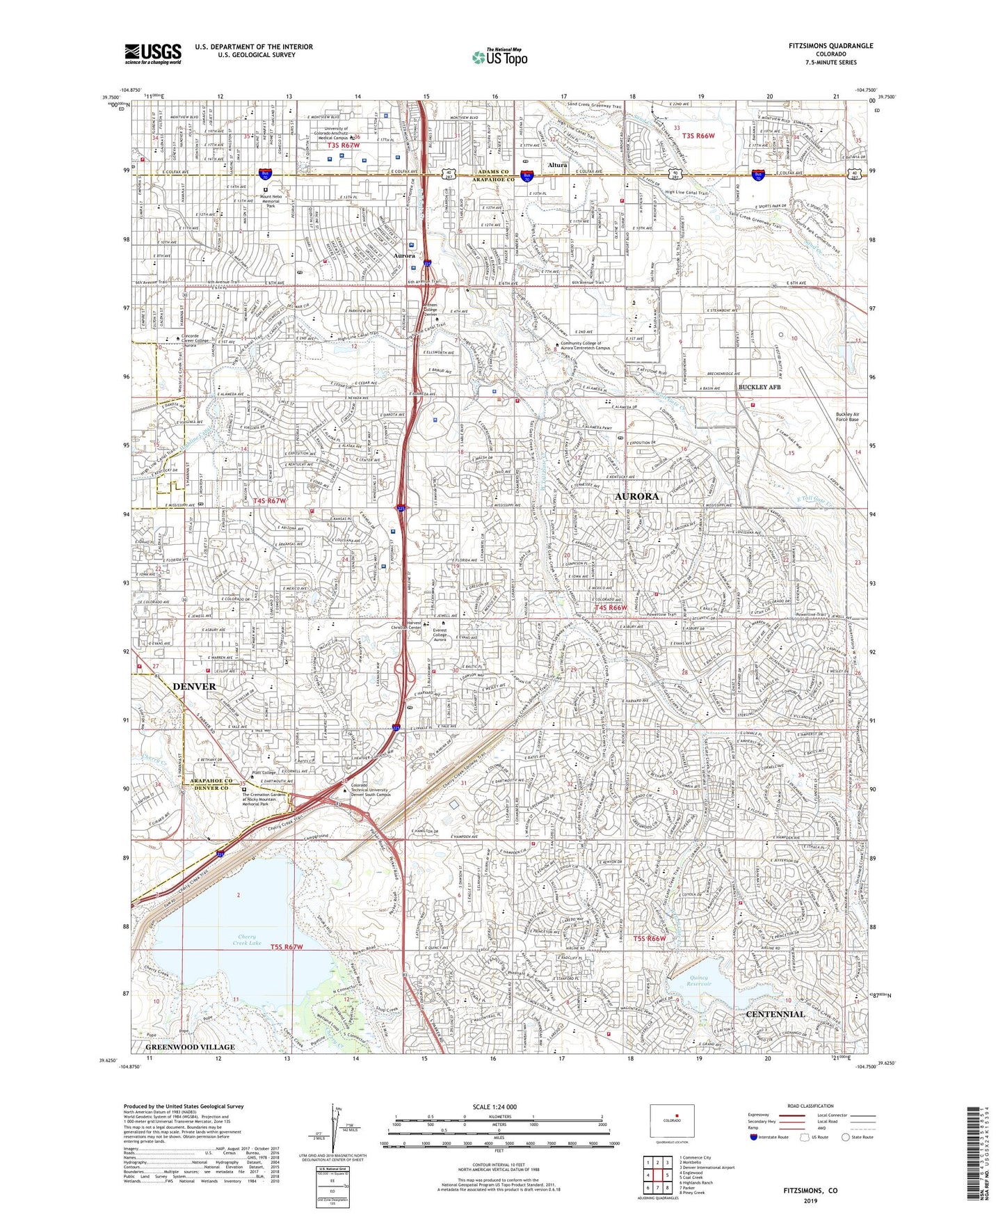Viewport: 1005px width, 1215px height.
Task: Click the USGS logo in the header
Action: (153, 54)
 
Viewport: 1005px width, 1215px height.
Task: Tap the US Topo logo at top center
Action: (499, 57)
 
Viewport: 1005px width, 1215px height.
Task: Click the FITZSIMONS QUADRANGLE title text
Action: (830, 46)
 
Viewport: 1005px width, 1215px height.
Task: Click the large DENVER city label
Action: (194, 686)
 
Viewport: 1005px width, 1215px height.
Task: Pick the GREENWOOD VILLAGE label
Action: (191, 1047)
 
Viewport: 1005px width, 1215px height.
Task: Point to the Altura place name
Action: (558, 166)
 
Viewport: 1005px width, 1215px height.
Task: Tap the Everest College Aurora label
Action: (440, 634)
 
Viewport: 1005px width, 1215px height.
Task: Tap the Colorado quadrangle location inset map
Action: (671, 1120)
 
